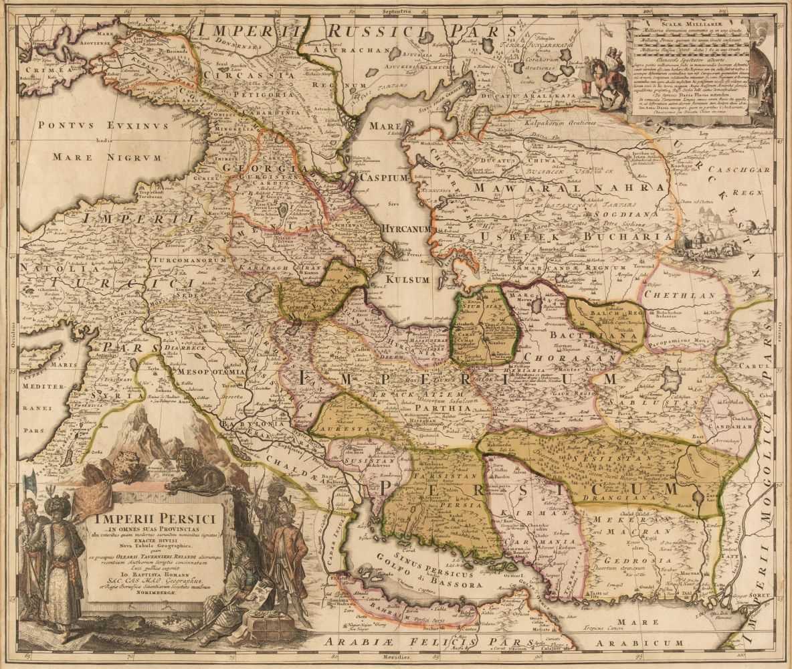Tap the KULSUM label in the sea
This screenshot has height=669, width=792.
pos(405,280)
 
